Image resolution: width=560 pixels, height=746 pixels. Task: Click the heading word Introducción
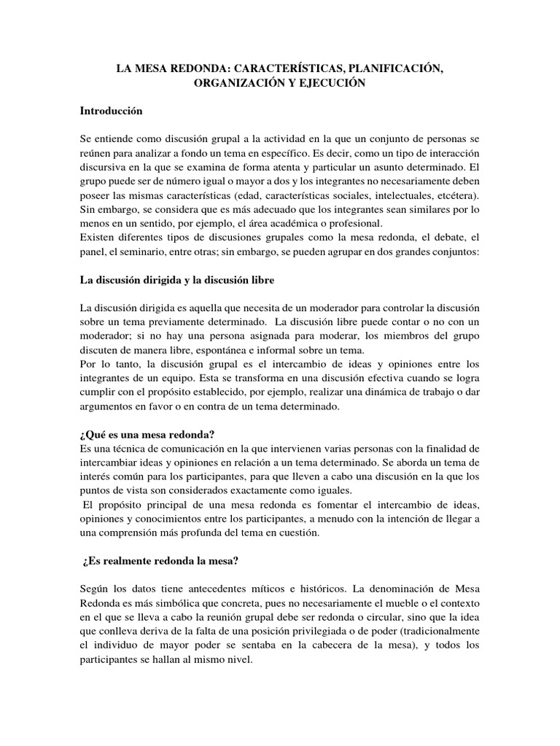pos(111,111)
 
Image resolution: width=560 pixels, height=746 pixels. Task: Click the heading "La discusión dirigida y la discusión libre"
pos(177,280)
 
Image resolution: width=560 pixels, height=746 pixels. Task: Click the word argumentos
pos(105,407)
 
